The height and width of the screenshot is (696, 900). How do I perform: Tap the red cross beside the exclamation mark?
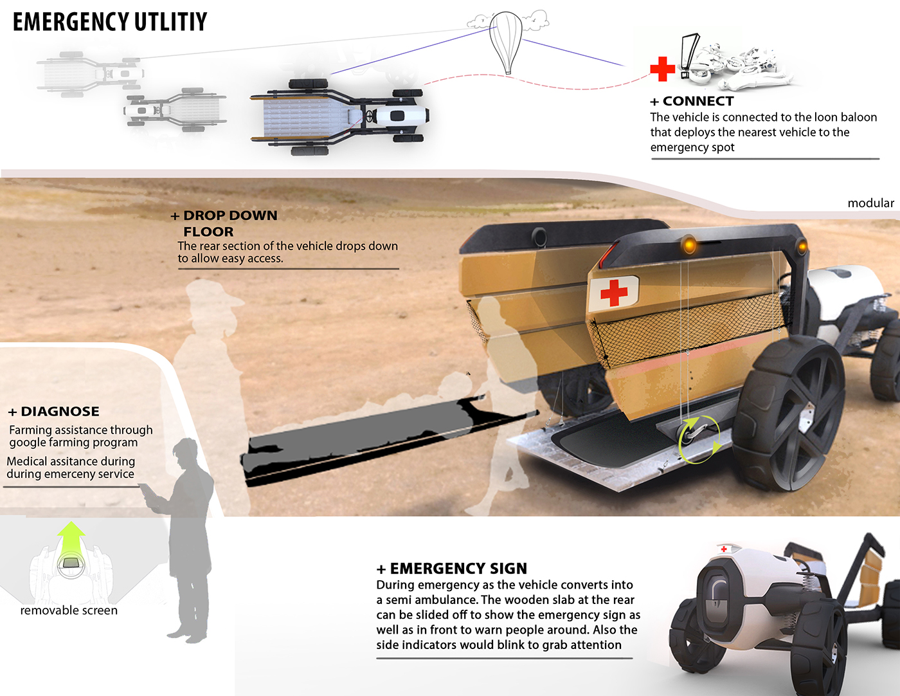pos(662,69)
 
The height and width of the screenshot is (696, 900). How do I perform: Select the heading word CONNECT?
pos(697,101)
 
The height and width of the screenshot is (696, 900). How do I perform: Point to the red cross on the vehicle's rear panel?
pos(614,292)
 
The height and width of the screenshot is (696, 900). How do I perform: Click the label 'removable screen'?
pos(69,610)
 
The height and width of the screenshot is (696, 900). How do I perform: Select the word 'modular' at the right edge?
pos(870,203)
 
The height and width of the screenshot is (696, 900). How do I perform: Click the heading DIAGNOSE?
pos(60,412)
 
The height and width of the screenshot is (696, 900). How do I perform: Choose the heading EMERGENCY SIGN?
pos(458,569)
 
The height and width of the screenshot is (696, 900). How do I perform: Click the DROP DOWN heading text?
pos(230,215)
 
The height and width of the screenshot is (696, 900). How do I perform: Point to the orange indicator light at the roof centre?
pos(689,244)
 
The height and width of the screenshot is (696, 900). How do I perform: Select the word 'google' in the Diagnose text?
pos(30,443)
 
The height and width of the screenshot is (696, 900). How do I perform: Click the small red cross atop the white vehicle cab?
pos(724,549)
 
